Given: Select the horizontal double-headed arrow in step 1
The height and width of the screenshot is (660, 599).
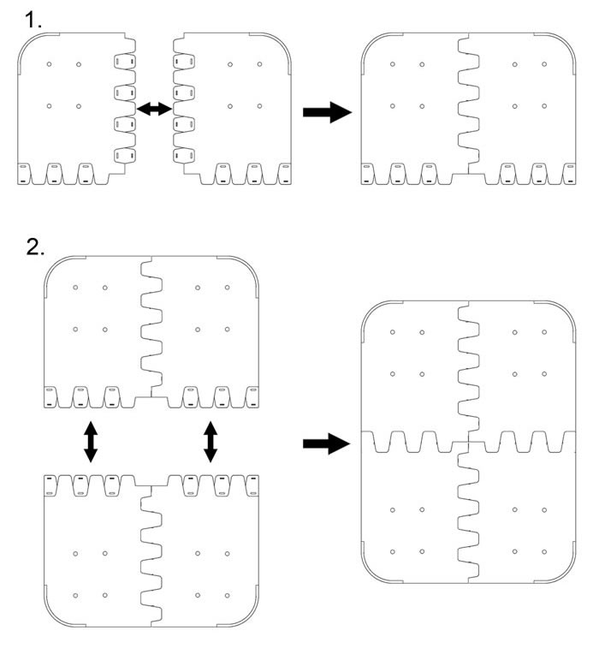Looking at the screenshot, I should click(x=155, y=108).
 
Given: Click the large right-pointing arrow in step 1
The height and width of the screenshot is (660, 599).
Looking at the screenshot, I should click(x=327, y=112).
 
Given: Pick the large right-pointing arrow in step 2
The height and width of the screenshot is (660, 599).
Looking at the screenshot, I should click(x=327, y=443).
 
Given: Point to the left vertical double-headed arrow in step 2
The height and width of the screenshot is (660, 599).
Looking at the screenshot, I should click(x=89, y=443).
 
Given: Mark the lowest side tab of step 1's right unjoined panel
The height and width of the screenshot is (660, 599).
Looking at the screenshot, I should click(x=184, y=156).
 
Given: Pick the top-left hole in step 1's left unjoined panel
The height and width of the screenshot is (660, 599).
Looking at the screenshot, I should click(x=50, y=64).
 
